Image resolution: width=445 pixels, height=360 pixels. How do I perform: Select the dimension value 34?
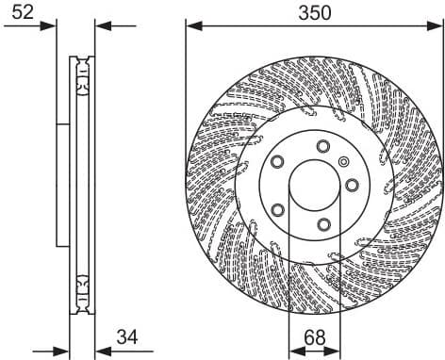pyautogui.click(x=127, y=335)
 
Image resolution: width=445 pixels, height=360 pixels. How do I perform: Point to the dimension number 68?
pyautogui.click(x=315, y=335)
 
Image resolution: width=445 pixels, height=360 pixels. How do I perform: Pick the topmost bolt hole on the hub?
pyautogui.click(x=323, y=145)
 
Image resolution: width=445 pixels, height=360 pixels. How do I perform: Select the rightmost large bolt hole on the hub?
pyautogui.click(x=351, y=185)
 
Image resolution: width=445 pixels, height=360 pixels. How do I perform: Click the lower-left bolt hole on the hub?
pyautogui.click(x=277, y=209)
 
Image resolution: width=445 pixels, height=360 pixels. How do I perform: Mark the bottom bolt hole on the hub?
pyautogui.click(x=322, y=223)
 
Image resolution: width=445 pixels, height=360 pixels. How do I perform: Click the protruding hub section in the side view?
pyautogui.click(x=63, y=184)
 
